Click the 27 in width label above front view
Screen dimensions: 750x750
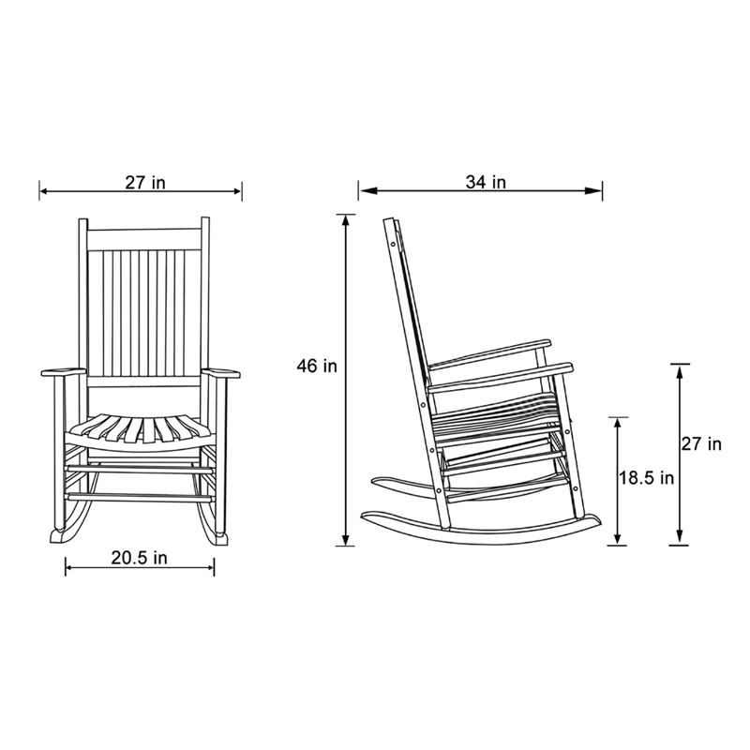144,183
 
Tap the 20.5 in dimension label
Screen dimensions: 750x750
140,558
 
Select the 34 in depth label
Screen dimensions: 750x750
486,183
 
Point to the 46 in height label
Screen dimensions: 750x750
317,367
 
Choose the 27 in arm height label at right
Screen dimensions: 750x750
701,443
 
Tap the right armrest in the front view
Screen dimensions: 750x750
221,374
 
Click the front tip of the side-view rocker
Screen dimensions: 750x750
592,519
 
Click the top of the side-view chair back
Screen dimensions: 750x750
392,224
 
